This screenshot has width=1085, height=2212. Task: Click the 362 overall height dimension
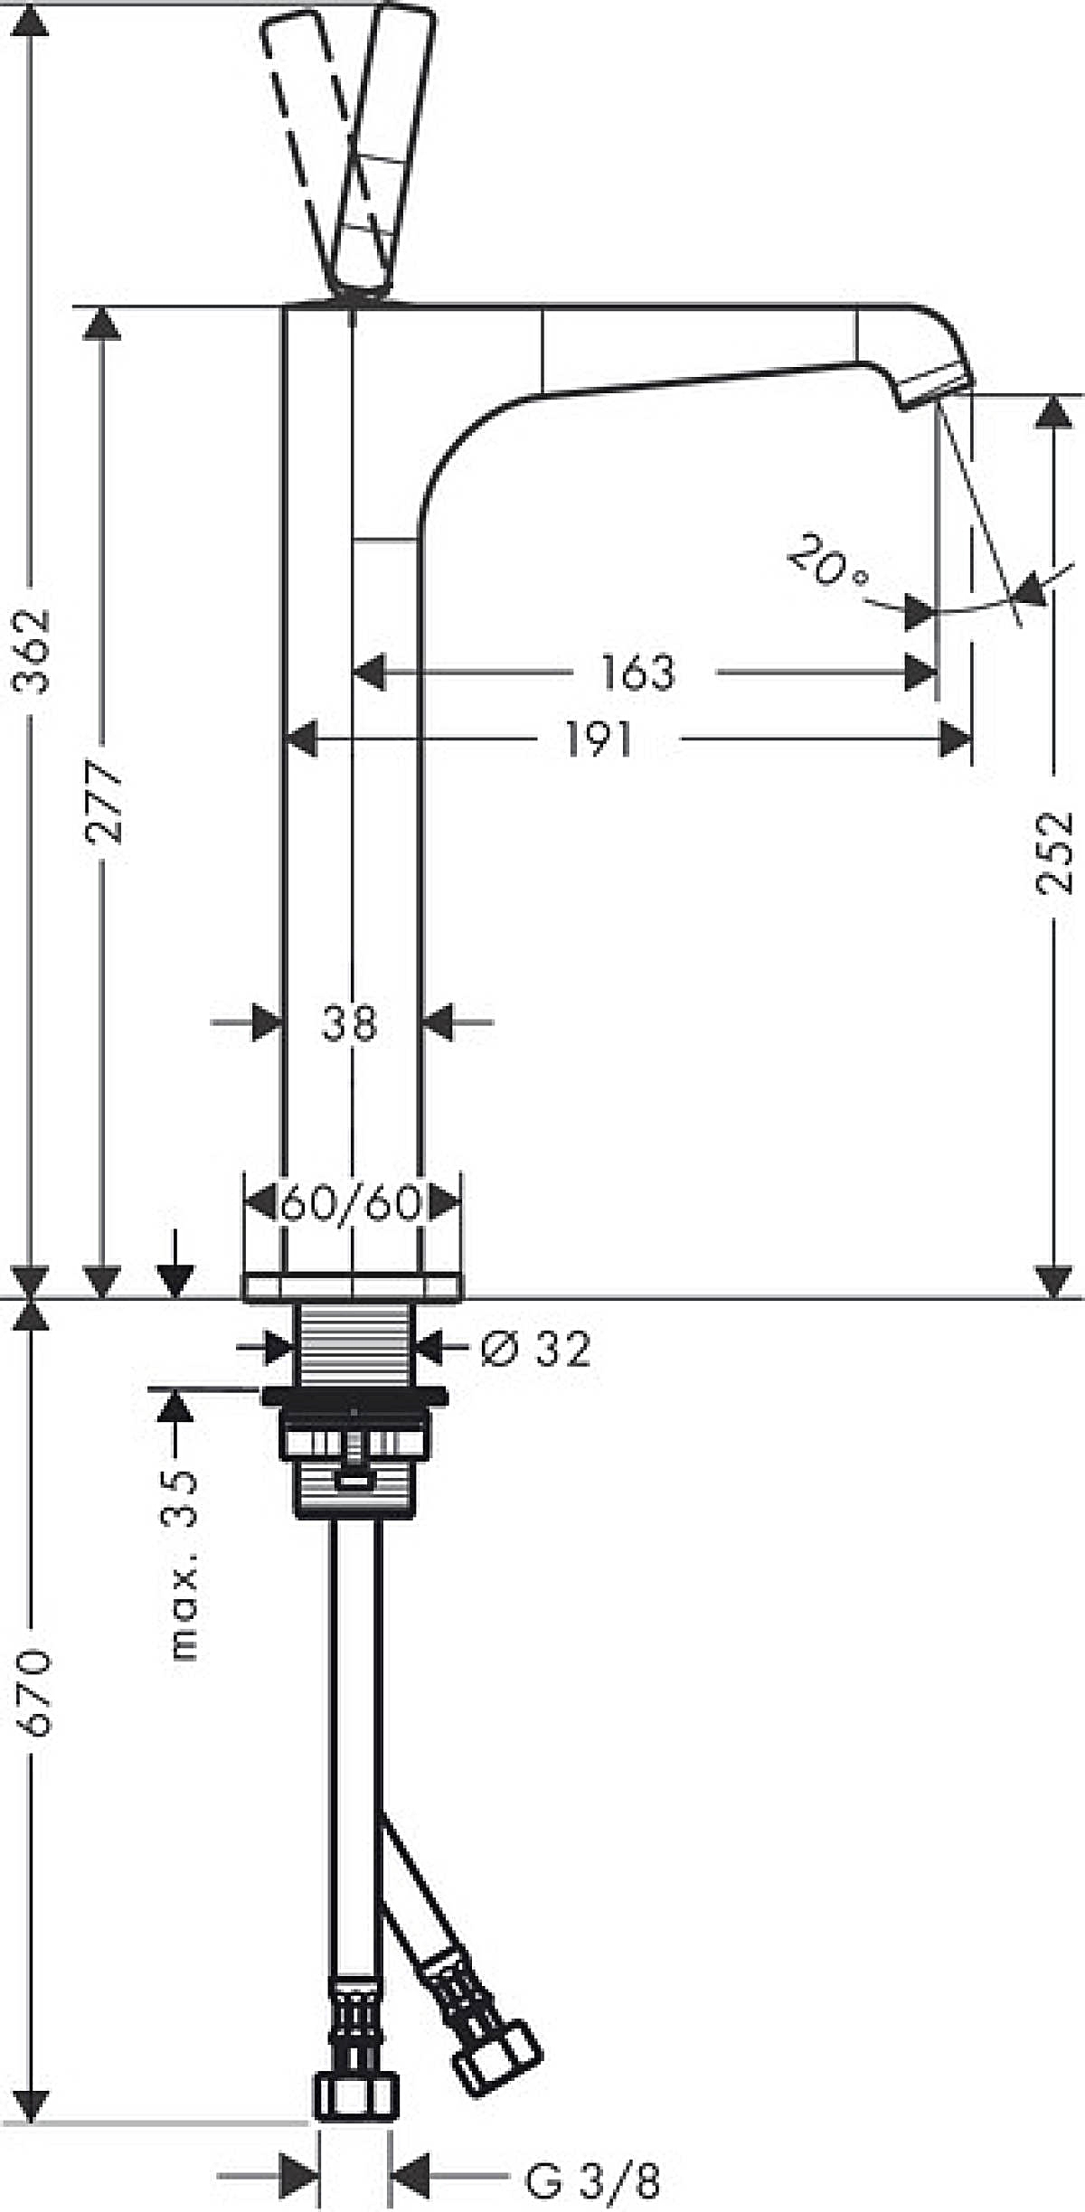pos(34,652)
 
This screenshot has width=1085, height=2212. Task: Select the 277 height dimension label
pos(103,802)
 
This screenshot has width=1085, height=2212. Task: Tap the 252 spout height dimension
pos(1052,852)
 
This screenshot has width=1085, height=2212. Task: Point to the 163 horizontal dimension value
pos(638,673)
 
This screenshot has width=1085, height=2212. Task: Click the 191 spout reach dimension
pos(599,739)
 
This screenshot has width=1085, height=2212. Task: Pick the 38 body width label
pos(349,1023)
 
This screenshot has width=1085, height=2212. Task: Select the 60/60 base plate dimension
pos(352,1203)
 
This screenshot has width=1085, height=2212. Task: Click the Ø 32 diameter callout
pos(535,1348)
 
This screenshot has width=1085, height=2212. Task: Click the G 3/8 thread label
pos(592,2174)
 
